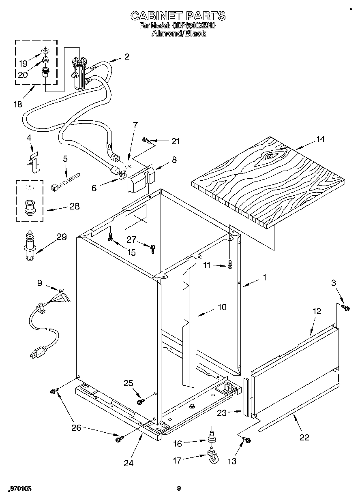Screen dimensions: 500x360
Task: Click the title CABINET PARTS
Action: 178,16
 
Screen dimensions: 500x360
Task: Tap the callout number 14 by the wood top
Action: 320,139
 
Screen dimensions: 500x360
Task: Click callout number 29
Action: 61,237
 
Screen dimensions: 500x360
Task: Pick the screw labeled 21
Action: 147,141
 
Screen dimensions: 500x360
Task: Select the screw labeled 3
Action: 345,308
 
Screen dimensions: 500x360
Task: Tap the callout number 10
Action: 222,307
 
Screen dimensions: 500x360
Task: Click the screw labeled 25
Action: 141,401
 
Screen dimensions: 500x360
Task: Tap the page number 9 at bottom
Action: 178,489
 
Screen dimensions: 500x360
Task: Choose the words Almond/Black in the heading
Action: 178,34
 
